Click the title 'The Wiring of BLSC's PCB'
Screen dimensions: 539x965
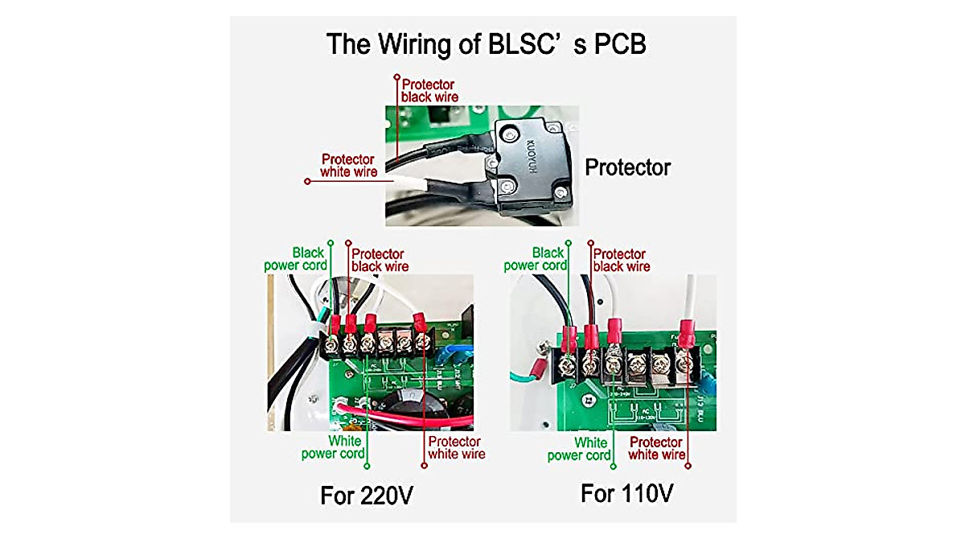click(486, 44)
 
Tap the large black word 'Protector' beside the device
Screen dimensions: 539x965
click(627, 167)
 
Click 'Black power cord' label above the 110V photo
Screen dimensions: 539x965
click(535, 259)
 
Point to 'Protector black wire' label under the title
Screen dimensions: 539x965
click(429, 90)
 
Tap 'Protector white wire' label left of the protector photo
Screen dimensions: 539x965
click(349, 165)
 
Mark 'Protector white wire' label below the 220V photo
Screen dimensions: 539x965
click(455, 447)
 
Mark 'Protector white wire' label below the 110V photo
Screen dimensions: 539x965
click(656, 448)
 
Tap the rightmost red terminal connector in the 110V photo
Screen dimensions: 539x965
click(687, 331)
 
